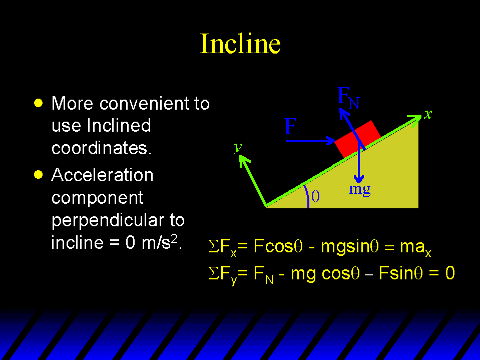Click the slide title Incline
coord(240,44)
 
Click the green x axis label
coord(428,114)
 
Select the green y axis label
coord(238,147)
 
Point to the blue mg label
coord(360,189)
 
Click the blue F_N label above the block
coord(348,98)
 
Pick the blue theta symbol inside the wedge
coord(315,196)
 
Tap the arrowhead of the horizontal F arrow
coord(331,141)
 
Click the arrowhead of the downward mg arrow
coord(359,179)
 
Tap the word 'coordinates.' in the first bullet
coord(101,148)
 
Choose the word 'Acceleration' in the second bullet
coord(102,175)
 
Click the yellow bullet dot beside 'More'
coord(38,103)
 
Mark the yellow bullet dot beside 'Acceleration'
coord(38,174)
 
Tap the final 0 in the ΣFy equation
coord(449,273)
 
